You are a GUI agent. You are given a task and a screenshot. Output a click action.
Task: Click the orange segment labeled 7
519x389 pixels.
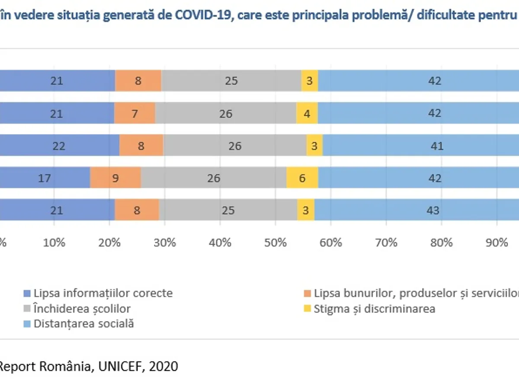(x=135, y=114)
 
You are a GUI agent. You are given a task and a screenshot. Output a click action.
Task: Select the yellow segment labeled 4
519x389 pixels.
(x=307, y=114)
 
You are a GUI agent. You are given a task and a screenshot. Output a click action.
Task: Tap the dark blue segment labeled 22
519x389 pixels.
(x=59, y=146)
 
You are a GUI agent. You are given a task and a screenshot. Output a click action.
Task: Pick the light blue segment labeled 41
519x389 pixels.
(x=437, y=146)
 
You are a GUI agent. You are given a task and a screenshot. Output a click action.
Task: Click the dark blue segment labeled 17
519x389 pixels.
(x=44, y=178)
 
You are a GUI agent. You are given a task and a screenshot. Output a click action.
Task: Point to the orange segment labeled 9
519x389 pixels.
(x=115, y=178)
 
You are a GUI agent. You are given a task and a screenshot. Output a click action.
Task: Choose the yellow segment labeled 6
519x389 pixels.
(x=302, y=178)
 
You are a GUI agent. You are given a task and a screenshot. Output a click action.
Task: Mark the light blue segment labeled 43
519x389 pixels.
(x=432, y=210)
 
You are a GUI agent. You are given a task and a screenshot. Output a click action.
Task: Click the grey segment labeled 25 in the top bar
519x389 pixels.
(x=231, y=81)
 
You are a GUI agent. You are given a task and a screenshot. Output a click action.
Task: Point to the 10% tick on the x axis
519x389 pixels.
(x=54, y=242)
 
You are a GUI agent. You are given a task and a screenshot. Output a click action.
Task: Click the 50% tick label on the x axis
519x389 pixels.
(x=276, y=242)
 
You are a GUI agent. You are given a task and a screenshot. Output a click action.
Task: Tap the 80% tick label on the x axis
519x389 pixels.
(x=442, y=242)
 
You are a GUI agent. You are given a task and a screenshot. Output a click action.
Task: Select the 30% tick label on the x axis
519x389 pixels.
(x=165, y=242)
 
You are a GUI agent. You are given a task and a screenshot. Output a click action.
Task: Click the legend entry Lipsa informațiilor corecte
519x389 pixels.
(x=103, y=293)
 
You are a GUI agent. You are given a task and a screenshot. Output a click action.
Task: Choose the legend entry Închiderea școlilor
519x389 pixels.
(x=82, y=309)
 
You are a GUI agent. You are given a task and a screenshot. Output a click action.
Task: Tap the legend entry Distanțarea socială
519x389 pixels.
(x=84, y=324)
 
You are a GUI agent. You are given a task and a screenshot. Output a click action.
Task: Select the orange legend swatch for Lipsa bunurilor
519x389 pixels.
(x=307, y=293)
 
